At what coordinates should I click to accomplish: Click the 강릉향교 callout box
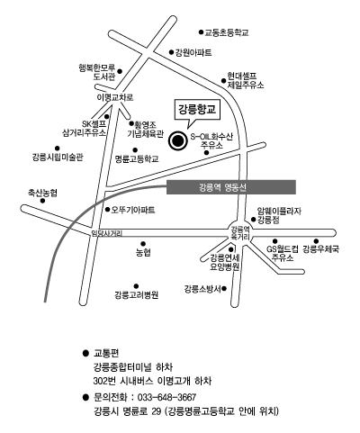click(x=197, y=110)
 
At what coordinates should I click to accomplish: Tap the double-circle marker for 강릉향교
click(x=177, y=140)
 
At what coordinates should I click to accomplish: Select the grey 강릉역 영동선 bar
click(x=231, y=187)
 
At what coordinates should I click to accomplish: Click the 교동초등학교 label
click(x=227, y=32)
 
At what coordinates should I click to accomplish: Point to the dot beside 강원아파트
click(x=171, y=52)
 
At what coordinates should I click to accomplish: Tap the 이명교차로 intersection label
click(x=115, y=97)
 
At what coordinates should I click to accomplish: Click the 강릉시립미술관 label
click(x=58, y=157)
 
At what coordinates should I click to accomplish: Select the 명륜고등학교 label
click(x=137, y=158)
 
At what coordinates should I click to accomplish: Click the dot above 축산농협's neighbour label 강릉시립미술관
click(x=57, y=149)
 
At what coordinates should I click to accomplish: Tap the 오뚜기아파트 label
click(x=133, y=210)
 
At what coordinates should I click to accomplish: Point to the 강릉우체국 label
click(x=320, y=249)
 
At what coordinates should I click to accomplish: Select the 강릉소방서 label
click(x=202, y=289)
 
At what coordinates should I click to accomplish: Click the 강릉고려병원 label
click(x=136, y=295)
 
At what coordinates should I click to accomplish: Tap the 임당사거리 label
click(x=107, y=233)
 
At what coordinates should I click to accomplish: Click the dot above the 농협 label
click(x=143, y=244)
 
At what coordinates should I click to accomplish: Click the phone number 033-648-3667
click(x=166, y=397)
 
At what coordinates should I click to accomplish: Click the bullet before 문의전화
click(x=85, y=398)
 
